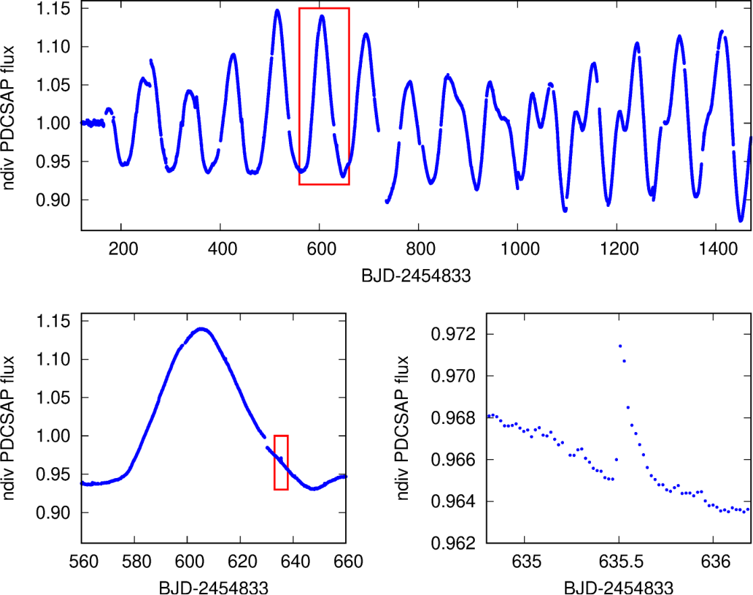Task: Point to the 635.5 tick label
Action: [x=621, y=561]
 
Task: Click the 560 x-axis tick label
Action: [x=84, y=561]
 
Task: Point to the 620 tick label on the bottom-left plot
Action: [x=242, y=561]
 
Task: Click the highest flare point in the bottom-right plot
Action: [x=620, y=346]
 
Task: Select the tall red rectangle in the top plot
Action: [x=299, y=96]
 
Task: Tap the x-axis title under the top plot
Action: [x=416, y=276]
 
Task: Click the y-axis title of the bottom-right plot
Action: [x=403, y=428]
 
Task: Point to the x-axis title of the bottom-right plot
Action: [x=619, y=588]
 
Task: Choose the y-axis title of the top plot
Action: [x=8, y=118]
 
